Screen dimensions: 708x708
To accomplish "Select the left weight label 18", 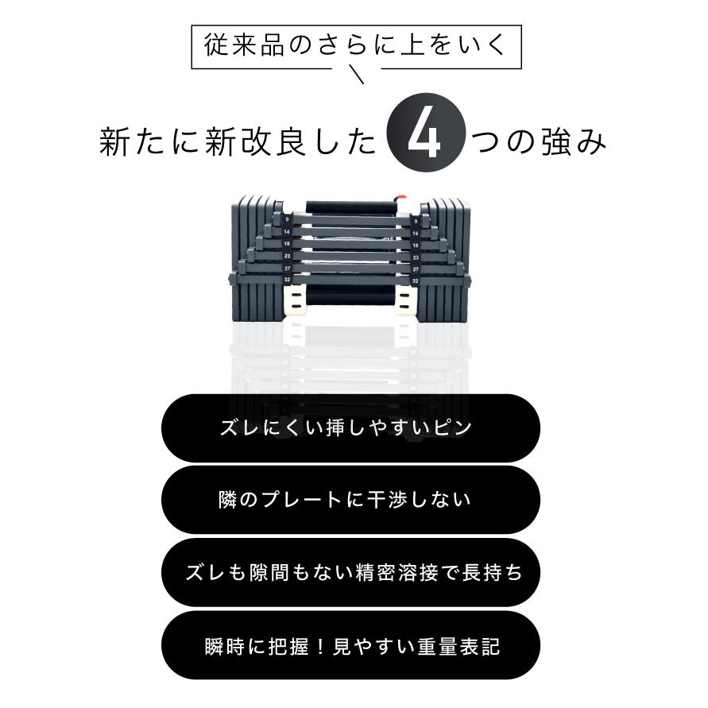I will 287,245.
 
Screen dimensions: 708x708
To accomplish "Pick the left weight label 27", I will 287,269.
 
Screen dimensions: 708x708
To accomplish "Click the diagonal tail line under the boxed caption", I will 357,76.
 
